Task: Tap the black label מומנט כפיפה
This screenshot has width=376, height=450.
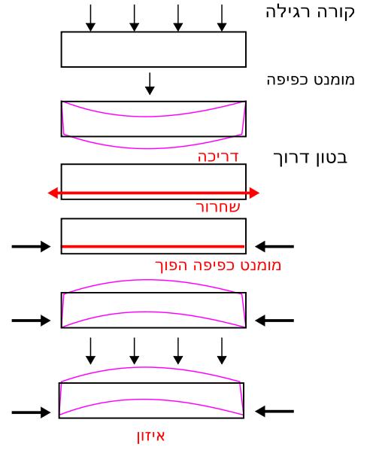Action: [x=311, y=80]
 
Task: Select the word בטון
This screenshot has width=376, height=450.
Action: [x=332, y=158]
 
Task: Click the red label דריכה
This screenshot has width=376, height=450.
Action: [x=218, y=157]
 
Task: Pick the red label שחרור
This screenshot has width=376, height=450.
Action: [x=218, y=207]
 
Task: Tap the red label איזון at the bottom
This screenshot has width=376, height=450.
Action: [x=151, y=436]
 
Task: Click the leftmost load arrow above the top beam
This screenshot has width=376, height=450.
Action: [x=91, y=18]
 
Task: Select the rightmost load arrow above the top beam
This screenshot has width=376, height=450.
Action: [x=222, y=18]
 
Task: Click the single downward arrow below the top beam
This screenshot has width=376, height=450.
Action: [x=150, y=84]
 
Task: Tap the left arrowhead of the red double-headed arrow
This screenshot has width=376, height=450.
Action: [x=53, y=193]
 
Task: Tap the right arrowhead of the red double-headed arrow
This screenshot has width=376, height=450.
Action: [x=254, y=193]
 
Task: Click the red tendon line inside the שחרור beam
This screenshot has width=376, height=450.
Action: [x=153, y=247]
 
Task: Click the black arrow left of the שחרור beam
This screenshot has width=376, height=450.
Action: [x=31, y=247]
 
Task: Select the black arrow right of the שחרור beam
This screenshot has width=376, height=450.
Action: [x=274, y=246]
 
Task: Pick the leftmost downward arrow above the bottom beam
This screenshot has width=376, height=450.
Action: [x=91, y=351]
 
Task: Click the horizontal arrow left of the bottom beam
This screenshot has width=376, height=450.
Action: [x=31, y=412]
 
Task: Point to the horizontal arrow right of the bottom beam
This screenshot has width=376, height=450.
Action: [x=274, y=412]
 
